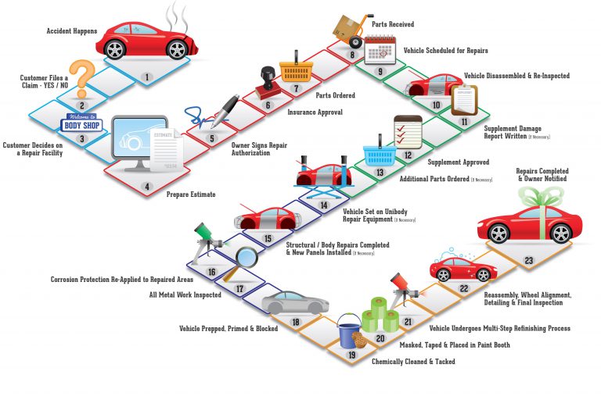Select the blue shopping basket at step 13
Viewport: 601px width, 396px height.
[x=376, y=156]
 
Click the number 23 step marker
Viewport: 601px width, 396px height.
[x=529, y=260]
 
